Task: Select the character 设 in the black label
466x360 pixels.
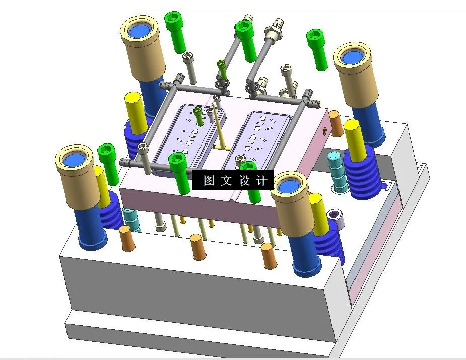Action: pyautogui.click(x=244, y=181)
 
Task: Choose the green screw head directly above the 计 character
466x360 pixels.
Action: pyautogui.click(x=247, y=168)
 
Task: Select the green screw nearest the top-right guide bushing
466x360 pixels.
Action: pyautogui.click(x=316, y=38)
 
